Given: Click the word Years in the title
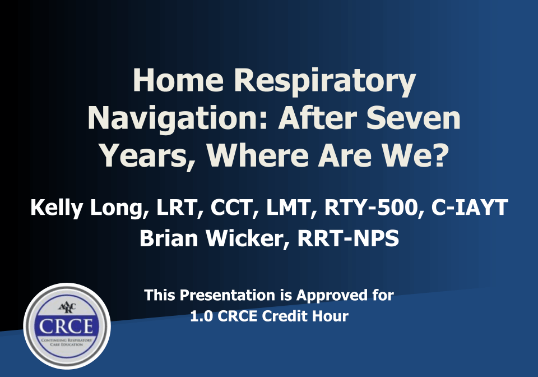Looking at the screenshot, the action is coord(145,155).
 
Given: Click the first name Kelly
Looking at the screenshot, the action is coord(57,208).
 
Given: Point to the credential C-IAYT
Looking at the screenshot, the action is coord(470,208).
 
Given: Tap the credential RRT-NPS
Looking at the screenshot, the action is coord(348,238).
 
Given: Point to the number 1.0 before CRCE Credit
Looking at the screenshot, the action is coord(200,316).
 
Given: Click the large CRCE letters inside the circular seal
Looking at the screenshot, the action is coord(67,326).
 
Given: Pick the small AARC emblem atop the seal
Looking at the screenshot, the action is coord(67,307).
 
